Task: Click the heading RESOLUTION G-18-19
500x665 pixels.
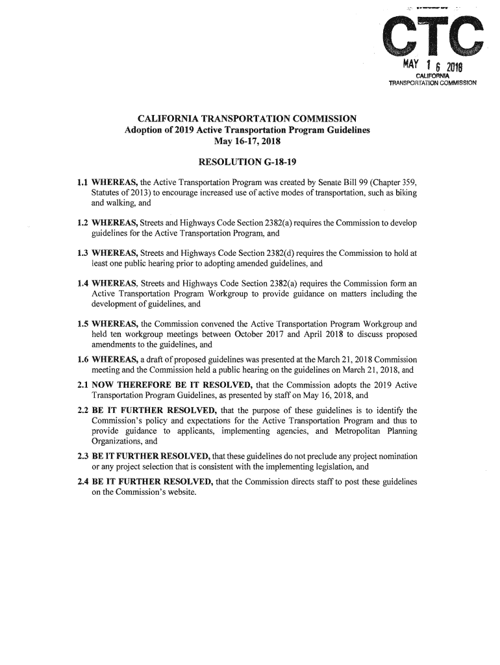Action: point(246,160)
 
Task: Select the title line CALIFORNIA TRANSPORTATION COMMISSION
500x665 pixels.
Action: point(248,119)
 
